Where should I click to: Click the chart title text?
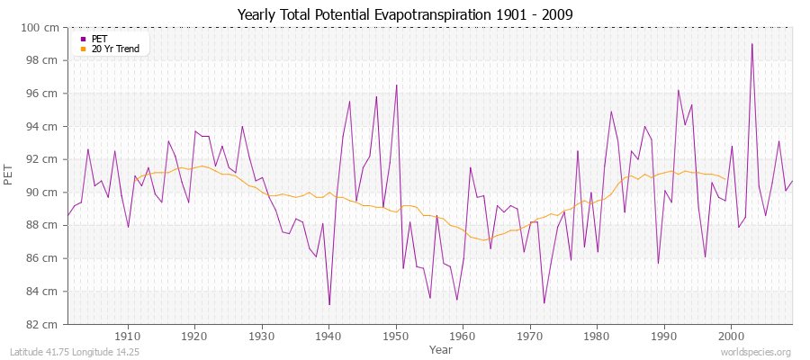(x=404, y=15)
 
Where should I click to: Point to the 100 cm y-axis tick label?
(x=40, y=28)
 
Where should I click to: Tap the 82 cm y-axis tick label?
(x=41, y=324)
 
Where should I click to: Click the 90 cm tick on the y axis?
(x=41, y=193)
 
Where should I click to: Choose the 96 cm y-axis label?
(x=41, y=94)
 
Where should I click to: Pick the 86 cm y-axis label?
(x=41, y=258)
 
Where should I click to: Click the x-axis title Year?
(x=441, y=349)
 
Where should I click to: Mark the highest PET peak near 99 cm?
(x=752, y=44)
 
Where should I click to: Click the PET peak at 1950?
(x=396, y=85)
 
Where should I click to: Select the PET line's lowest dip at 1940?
(x=329, y=304)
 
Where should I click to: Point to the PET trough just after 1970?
(x=544, y=302)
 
